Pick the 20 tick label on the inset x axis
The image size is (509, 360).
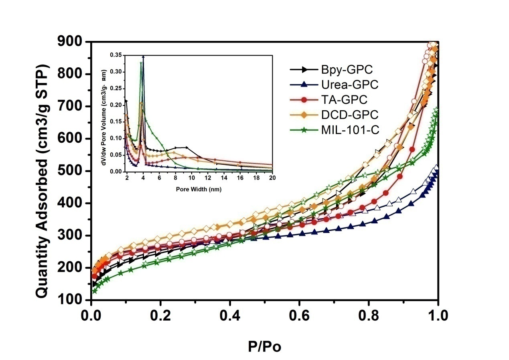pyautogui.click(x=272, y=178)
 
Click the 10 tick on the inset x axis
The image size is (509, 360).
pyautogui.click(x=191, y=178)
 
